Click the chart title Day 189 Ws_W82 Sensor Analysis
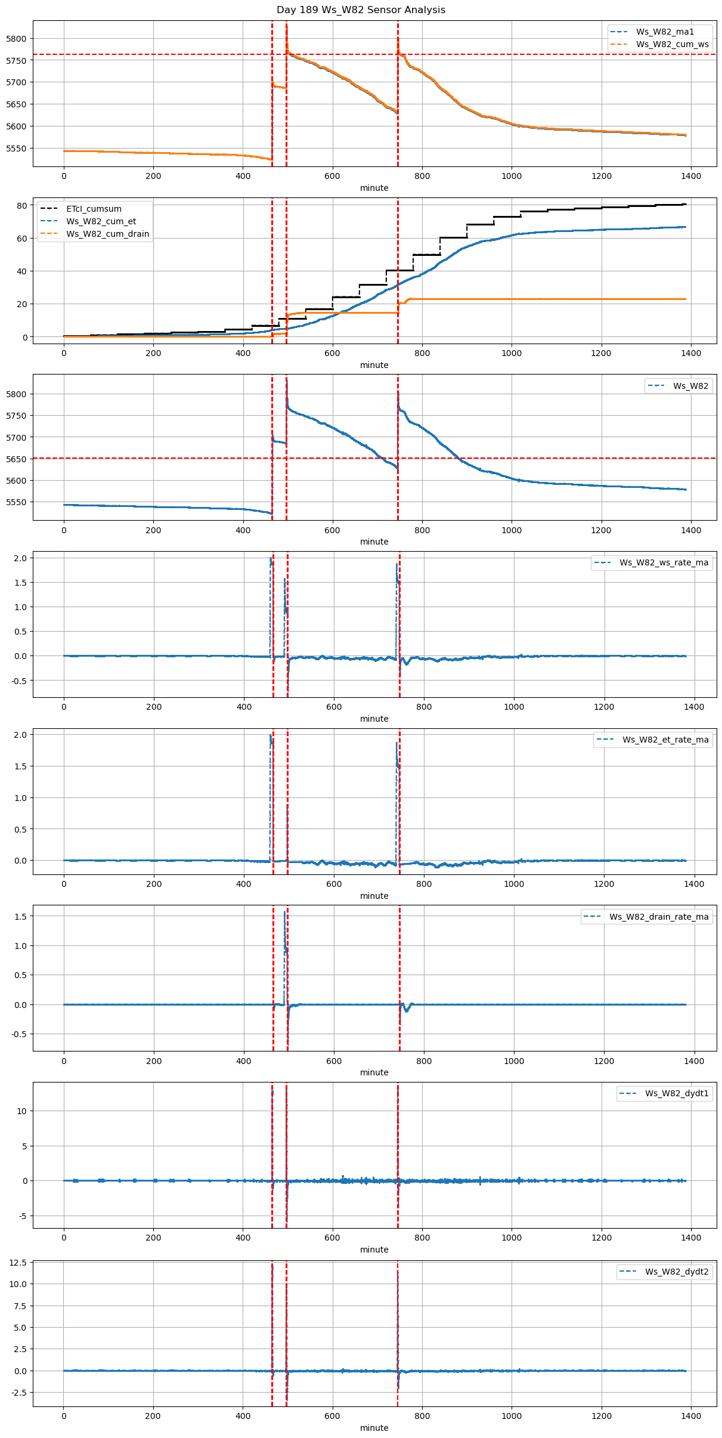click(361, 10)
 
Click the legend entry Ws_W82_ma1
click(665, 32)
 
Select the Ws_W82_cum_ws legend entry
click(672, 44)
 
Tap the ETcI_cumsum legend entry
click(94, 209)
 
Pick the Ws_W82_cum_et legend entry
click(101, 221)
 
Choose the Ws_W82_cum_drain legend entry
click(107, 234)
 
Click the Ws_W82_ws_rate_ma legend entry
click(664, 562)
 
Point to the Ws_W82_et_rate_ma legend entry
click(665, 740)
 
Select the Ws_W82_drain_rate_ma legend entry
click(659, 917)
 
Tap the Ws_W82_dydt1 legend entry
click(677, 1093)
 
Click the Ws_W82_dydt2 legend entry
click(677, 1272)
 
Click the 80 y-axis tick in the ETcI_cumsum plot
click(22, 206)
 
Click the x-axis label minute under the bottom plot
click(374, 1428)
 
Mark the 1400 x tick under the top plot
click(691, 176)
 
